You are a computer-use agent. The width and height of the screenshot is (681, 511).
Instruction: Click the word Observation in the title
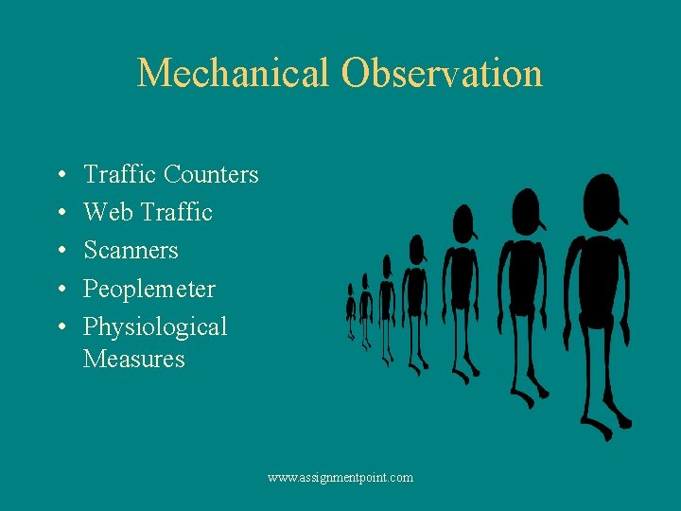[442, 74]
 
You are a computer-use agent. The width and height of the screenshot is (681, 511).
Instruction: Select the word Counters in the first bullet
[211, 175]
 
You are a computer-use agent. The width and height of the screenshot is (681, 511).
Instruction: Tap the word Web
[108, 213]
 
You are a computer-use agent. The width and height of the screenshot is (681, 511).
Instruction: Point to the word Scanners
[131, 251]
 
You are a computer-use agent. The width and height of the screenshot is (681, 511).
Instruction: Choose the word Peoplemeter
[149, 289]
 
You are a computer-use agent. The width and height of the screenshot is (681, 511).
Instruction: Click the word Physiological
[155, 327]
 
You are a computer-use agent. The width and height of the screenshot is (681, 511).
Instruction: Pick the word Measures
[133, 360]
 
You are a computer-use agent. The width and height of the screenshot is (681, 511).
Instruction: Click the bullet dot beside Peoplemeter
[60, 290]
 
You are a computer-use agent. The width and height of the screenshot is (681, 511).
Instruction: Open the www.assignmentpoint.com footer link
[340, 478]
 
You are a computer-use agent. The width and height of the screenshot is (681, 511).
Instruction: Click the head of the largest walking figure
[602, 201]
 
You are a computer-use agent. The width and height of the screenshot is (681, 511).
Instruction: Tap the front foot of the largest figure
[602, 432]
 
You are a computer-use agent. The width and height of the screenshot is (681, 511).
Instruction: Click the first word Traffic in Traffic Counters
[120, 175]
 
